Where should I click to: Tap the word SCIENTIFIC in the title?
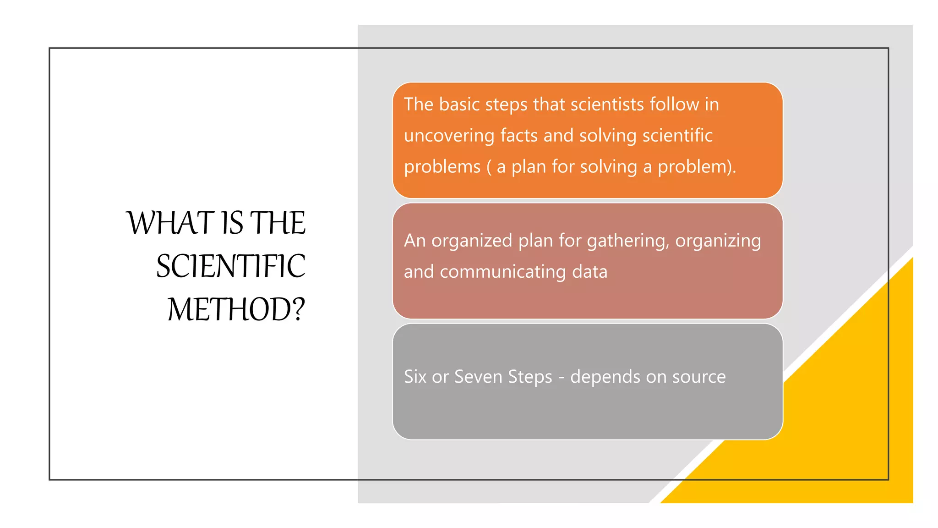[231, 266]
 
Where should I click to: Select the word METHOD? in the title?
[236, 309]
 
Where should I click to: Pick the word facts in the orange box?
[519, 136]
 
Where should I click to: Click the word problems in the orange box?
[442, 167]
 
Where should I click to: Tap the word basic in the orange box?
[459, 104]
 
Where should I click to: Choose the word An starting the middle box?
[414, 241]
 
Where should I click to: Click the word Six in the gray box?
[415, 377]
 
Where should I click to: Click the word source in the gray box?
[699, 377]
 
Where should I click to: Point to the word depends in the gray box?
[605, 377]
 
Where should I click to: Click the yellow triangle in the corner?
[847, 435]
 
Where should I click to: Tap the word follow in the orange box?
[675, 104]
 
